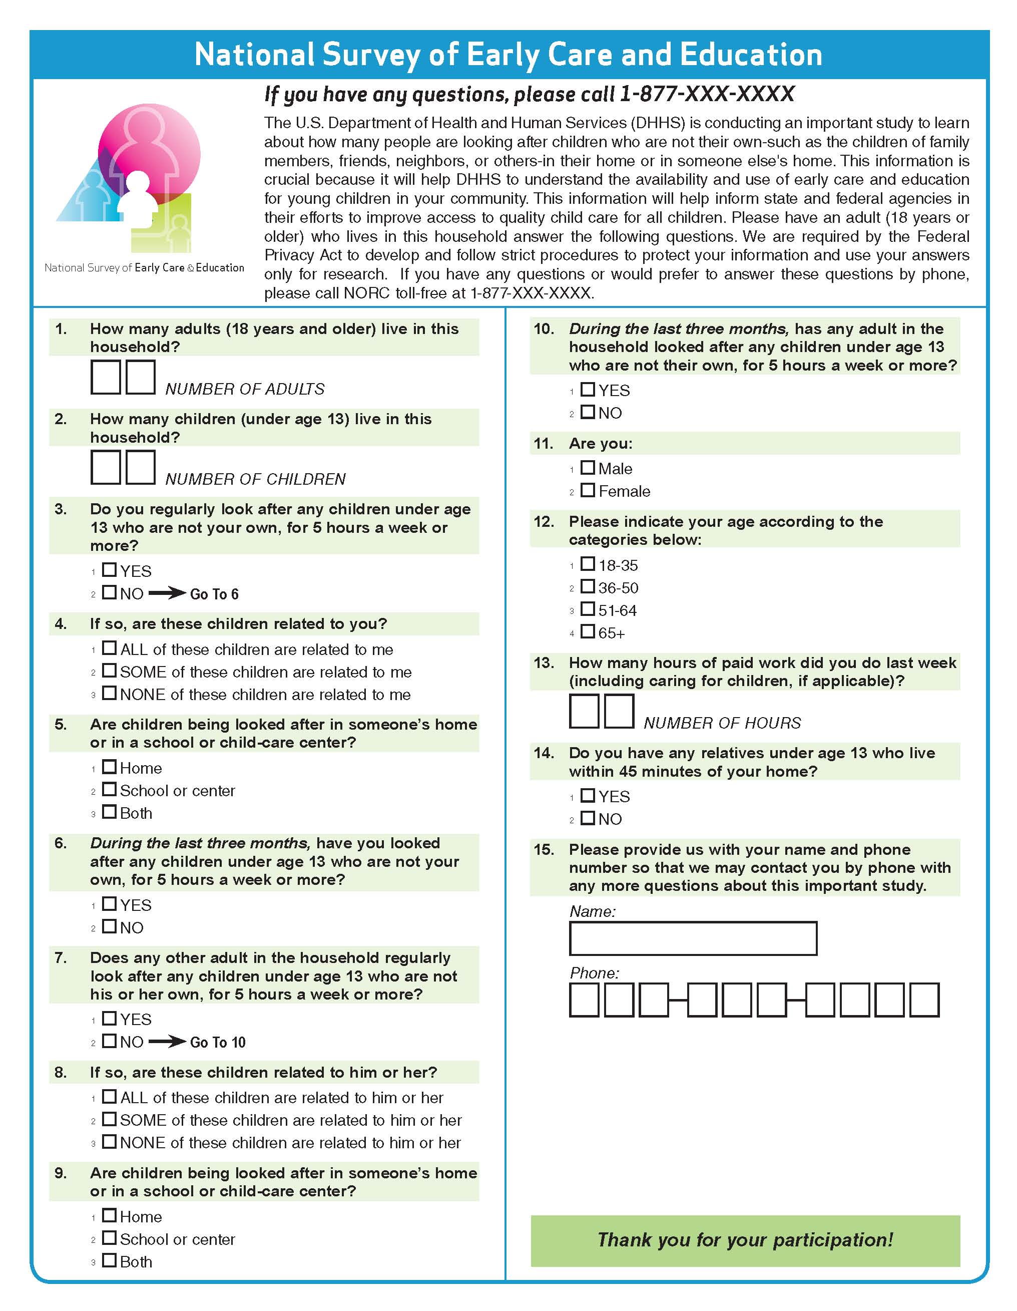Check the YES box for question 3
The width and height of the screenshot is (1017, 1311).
click(109, 569)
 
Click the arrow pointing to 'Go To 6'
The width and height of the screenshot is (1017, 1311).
click(167, 593)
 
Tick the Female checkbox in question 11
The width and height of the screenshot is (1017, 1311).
click(588, 490)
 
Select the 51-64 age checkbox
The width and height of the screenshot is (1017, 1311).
click(588, 609)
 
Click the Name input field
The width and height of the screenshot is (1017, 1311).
click(693, 938)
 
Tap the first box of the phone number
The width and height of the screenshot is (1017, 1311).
click(584, 1000)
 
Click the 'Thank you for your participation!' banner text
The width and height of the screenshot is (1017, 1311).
click(745, 1239)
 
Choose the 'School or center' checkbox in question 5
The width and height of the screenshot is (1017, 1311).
click(109, 789)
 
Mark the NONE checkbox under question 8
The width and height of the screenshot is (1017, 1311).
click(109, 1142)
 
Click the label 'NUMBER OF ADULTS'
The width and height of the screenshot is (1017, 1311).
click(245, 389)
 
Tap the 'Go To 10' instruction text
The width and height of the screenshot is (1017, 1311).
click(218, 1042)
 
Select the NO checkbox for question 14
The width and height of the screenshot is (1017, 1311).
click(588, 818)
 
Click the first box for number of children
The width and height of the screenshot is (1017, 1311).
click(106, 467)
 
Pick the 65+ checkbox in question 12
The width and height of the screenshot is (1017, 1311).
click(588, 631)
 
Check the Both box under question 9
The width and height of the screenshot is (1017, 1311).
click(109, 1260)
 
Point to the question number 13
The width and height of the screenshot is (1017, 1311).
click(544, 663)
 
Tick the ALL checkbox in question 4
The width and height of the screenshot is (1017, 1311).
click(109, 648)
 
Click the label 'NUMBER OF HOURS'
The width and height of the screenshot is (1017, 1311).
click(722, 723)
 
